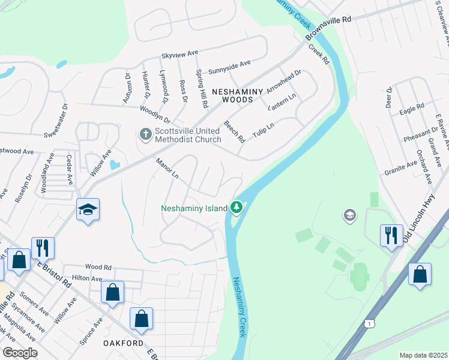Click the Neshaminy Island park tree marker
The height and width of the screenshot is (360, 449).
[x=237, y=208]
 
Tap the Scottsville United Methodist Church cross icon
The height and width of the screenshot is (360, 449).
[x=145, y=134]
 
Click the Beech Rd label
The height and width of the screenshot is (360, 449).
[x=235, y=131]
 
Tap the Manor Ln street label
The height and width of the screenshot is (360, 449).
[x=167, y=169]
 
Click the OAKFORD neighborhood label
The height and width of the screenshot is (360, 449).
[x=124, y=343]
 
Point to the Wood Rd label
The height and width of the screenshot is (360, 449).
[x=98, y=267]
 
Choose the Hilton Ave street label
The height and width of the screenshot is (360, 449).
[x=87, y=278]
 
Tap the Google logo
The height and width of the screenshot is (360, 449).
[x=20, y=353]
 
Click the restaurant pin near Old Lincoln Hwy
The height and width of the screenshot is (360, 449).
[x=391, y=234]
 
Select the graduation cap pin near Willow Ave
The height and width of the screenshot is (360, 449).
[x=88, y=210]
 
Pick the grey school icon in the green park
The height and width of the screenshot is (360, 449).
[x=350, y=215]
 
